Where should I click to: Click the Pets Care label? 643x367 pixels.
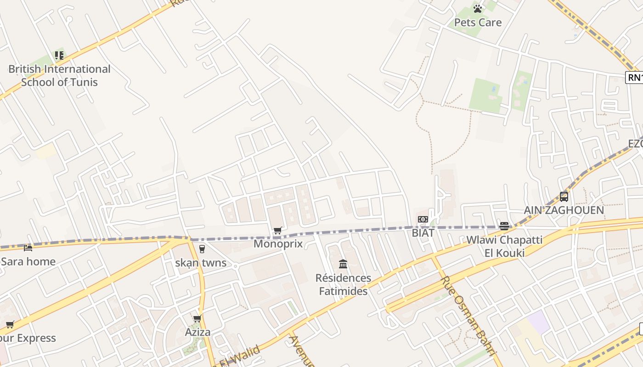coord(478,22)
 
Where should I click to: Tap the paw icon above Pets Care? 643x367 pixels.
coord(478,9)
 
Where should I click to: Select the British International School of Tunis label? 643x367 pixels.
coord(59,76)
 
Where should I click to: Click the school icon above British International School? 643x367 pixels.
coord(59,56)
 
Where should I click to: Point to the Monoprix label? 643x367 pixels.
coord(278,244)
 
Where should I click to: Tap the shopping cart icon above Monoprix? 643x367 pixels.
coord(277,230)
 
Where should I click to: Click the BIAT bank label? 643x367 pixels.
coord(423,233)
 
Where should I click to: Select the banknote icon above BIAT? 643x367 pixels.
coord(423,219)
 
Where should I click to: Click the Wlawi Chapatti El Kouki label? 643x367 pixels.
coord(504,246)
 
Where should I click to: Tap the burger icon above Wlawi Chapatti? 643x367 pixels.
coord(504,226)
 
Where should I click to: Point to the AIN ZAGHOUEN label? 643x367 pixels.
coord(564,211)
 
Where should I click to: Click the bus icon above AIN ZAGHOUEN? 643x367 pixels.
coord(564,197)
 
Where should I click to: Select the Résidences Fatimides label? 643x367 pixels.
coord(343,284)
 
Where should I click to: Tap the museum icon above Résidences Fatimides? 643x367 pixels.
coord(343,264)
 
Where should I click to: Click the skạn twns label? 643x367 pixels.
coord(201,263)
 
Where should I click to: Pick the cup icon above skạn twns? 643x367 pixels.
coord(202,249)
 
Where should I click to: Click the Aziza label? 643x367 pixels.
coord(197,332)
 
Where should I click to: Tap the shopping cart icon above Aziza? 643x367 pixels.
coord(197,318)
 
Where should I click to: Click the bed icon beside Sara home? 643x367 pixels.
coord(28,248)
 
